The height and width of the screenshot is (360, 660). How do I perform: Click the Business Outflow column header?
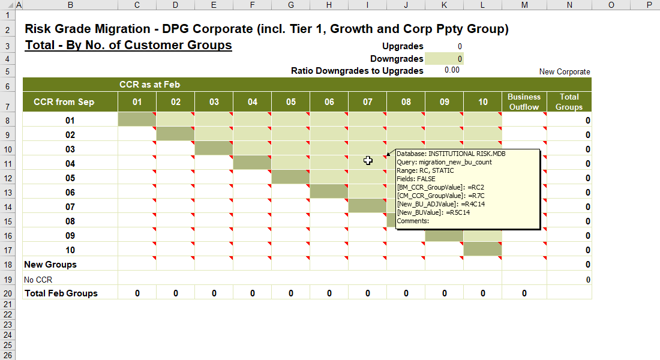coord(524,102)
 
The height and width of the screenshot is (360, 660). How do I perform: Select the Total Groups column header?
coord(569,102)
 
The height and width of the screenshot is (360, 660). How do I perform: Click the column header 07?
coord(367,102)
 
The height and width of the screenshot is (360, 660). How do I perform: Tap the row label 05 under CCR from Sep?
coord(70,178)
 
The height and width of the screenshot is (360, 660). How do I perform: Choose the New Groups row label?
coord(50,265)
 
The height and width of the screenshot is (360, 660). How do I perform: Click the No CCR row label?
coord(38,280)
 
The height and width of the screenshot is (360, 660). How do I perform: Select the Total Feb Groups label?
coord(61,293)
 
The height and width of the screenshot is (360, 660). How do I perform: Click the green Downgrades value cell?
coord(444,59)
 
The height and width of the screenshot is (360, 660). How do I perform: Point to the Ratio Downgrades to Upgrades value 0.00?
coord(452,70)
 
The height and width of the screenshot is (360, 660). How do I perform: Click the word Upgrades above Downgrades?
coord(403,46)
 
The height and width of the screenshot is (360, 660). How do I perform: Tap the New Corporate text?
coord(565,71)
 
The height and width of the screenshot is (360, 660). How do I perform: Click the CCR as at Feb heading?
coord(149,85)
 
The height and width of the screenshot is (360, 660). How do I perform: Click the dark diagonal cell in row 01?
coord(137,119)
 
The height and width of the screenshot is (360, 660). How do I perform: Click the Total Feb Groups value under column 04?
coord(252,293)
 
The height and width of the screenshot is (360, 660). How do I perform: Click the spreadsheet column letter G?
coord(291,5)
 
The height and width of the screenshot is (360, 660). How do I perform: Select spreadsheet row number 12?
coord(8,178)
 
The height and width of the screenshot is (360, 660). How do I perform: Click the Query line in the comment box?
coord(444,162)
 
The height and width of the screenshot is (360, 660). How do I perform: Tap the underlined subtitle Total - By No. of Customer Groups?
coord(128,45)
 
